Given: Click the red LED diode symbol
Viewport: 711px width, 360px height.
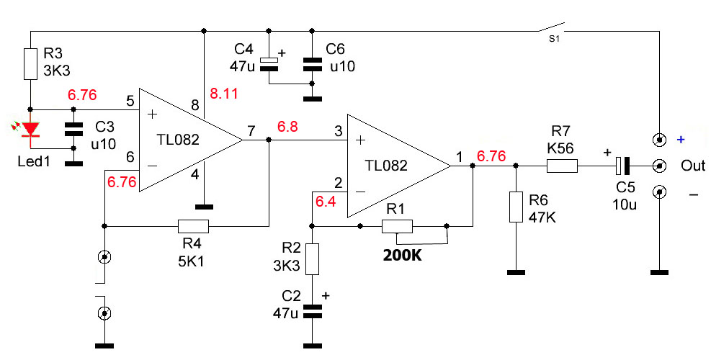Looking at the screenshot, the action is pyautogui.click(x=30, y=130).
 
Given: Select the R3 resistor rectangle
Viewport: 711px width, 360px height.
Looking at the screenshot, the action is pyautogui.click(x=30, y=64).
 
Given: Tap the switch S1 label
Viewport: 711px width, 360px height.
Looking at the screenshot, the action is pyautogui.click(x=554, y=39).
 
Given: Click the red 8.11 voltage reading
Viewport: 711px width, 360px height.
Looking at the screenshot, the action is pyautogui.click(x=223, y=94).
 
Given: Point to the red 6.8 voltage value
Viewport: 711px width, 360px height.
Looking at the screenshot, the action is pyautogui.click(x=287, y=127).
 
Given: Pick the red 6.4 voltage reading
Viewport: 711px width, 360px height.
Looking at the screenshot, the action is pyautogui.click(x=326, y=202).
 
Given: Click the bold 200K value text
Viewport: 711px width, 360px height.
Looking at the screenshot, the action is pyautogui.click(x=402, y=256).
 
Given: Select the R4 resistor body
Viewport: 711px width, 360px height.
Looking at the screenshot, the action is pyautogui.click(x=193, y=226).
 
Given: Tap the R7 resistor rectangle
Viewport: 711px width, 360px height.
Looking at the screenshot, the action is pyautogui.click(x=563, y=166).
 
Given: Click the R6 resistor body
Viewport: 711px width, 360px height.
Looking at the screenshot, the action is pyautogui.click(x=516, y=207).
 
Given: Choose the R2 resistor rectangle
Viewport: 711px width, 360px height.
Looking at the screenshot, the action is pyautogui.click(x=312, y=259).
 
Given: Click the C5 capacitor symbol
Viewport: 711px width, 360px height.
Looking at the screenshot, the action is pyautogui.click(x=623, y=166).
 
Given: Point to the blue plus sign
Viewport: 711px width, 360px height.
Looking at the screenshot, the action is pyautogui.click(x=681, y=140).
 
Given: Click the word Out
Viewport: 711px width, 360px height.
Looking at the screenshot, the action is pyautogui.click(x=693, y=166).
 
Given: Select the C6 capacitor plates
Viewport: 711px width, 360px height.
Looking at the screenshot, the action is pyautogui.click(x=312, y=64).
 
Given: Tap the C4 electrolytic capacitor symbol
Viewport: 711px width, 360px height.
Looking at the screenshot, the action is pyautogui.click(x=269, y=64).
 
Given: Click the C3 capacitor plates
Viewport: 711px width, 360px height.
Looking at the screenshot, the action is pyautogui.click(x=73, y=129).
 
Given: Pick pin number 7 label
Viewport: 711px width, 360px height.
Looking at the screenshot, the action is pyautogui.click(x=251, y=132).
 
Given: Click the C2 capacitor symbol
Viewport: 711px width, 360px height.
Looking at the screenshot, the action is pyautogui.click(x=312, y=311).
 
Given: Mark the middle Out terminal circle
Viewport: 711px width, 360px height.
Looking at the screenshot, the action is pyautogui.click(x=659, y=166).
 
